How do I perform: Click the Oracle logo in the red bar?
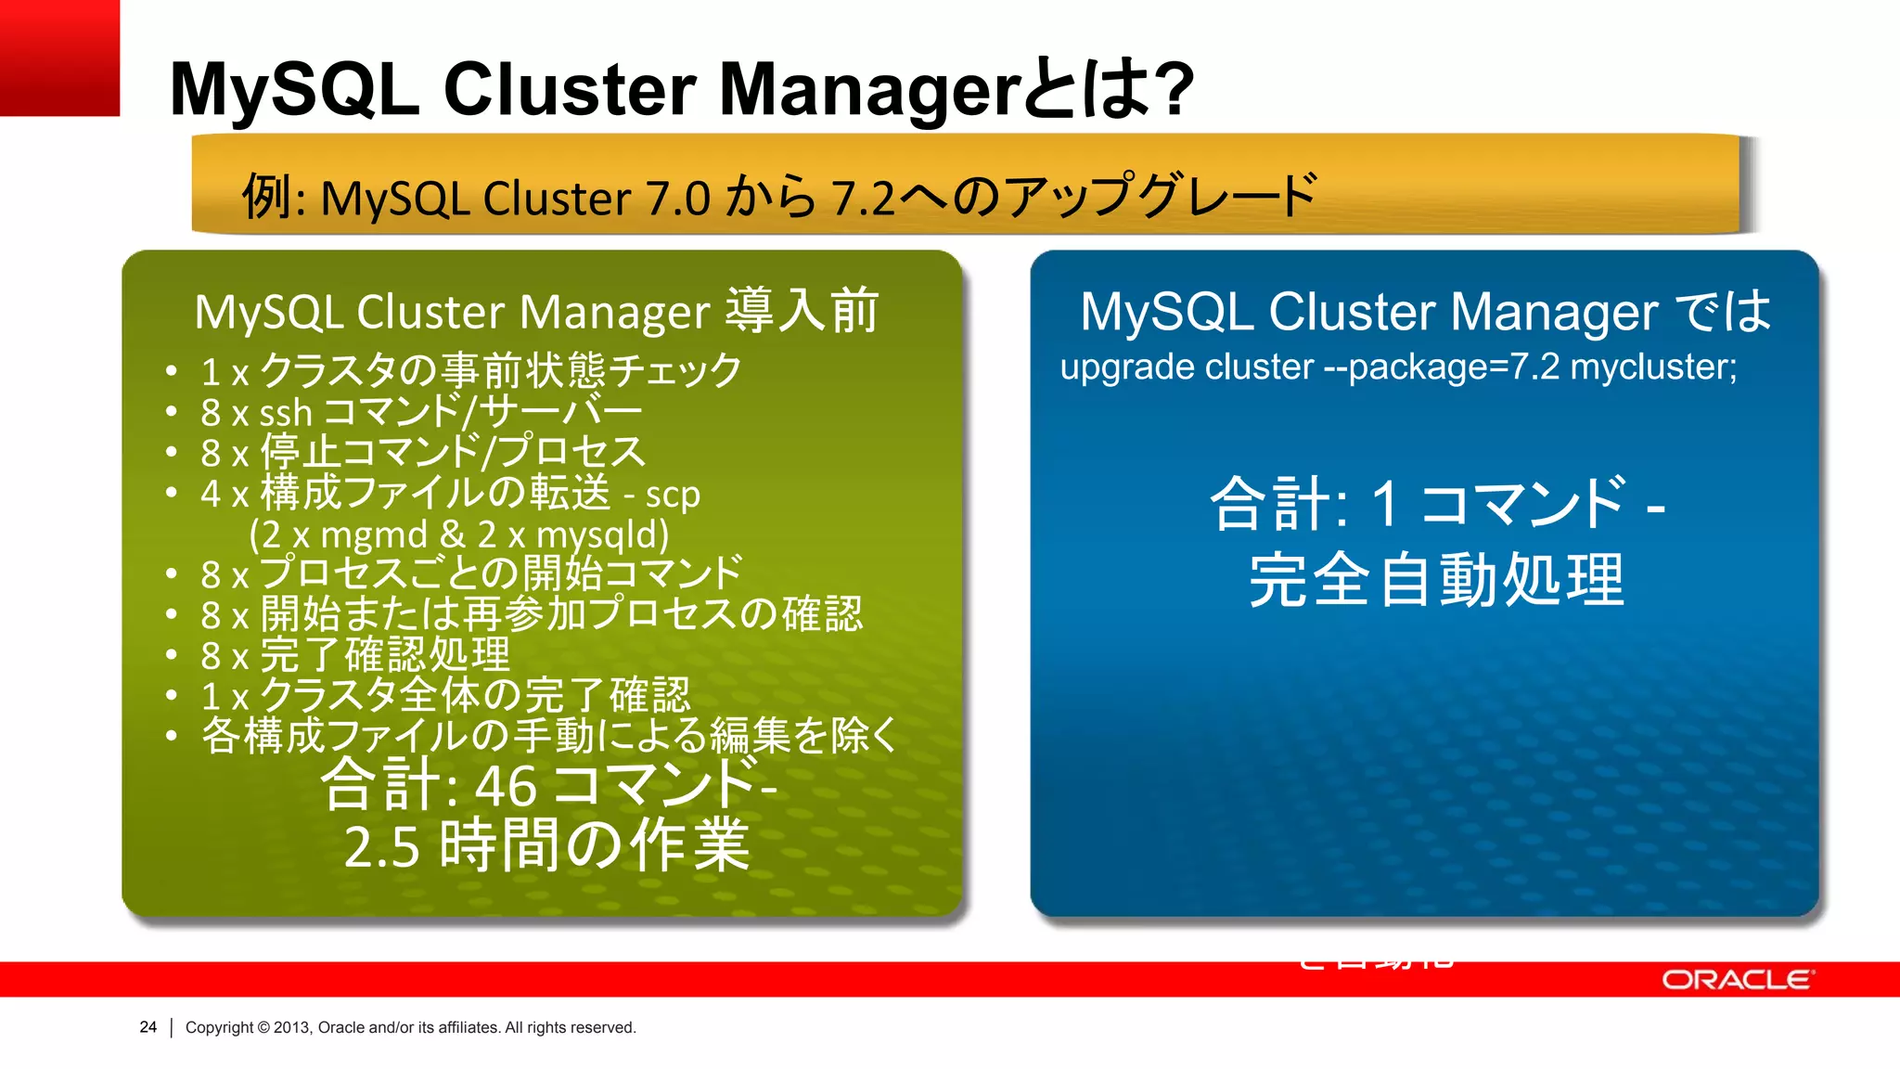[x=1736, y=980]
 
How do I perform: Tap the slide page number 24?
[x=148, y=1027]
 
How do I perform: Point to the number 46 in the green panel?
[x=507, y=785]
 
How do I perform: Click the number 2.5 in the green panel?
[x=381, y=847]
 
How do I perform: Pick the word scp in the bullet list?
[x=673, y=495]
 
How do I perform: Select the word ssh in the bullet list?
[x=286, y=413]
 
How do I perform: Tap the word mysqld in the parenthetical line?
[x=602, y=535]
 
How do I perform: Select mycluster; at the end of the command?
[x=1653, y=367]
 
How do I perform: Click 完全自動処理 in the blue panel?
[x=1436, y=580]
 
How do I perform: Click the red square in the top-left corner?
[x=59, y=58]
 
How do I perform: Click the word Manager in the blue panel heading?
[x=1554, y=312]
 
